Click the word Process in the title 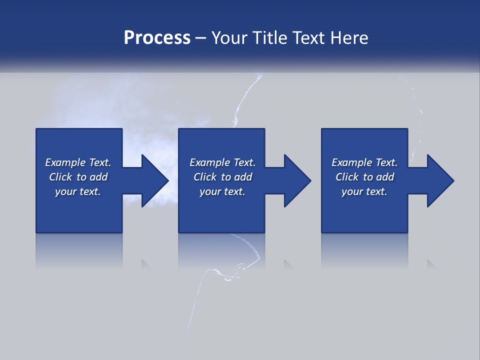pos(157,38)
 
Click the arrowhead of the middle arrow pos(298,180)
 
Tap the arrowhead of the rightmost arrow pos(441,180)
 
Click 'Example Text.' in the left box pos(78,162)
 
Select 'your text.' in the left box pos(78,191)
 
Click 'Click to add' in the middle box pos(222,177)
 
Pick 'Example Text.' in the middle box pos(222,162)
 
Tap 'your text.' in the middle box pos(222,191)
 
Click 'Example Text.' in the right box pos(364,162)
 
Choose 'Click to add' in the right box pos(364,177)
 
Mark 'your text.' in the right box pos(364,191)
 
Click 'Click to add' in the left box pos(78,177)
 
